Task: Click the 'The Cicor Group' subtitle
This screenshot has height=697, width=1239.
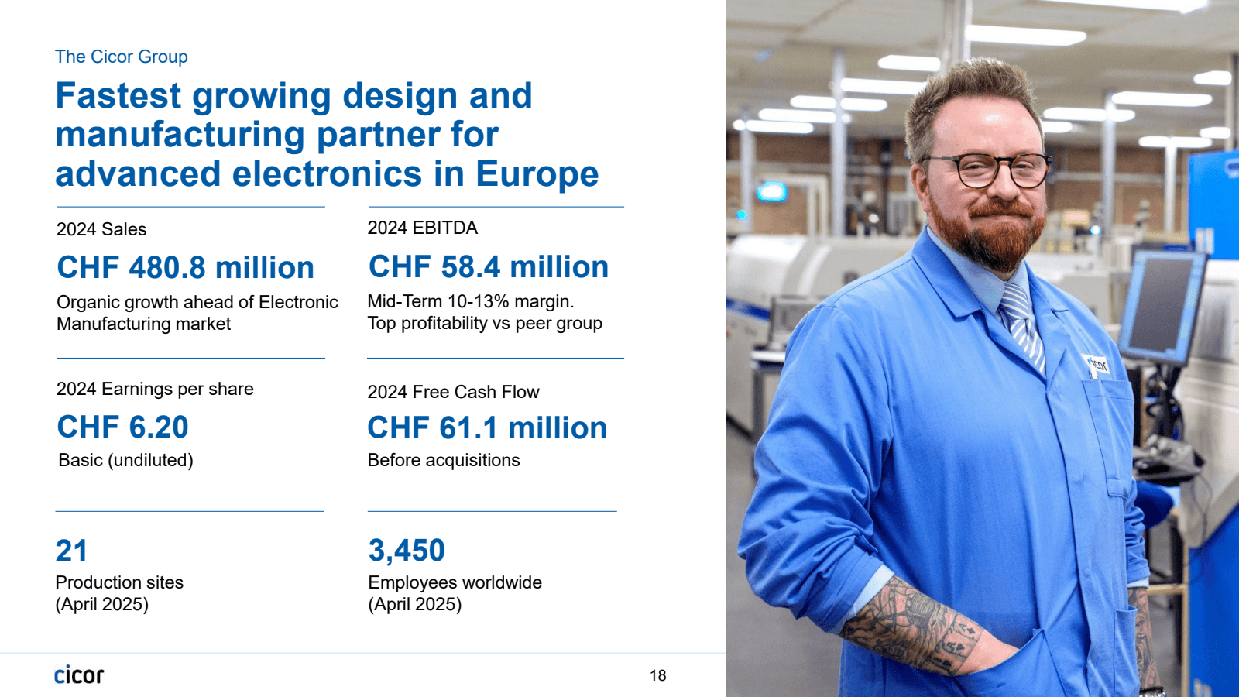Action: coord(122,57)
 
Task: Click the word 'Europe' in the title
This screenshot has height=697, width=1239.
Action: coord(537,174)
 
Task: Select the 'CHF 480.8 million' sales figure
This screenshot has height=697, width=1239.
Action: coord(185,268)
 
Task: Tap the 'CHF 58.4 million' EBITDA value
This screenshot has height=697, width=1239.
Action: coord(488,267)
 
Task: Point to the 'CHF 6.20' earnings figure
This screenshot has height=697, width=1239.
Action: coord(122,427)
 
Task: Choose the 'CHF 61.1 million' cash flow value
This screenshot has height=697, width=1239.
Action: coord(486,428)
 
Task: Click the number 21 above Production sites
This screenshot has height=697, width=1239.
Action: coord(71,551)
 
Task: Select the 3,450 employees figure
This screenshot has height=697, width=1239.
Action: coord(407,551)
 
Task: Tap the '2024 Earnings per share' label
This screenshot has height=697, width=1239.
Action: coord(155,389)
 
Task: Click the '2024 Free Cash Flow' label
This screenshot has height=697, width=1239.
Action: coord(453,392)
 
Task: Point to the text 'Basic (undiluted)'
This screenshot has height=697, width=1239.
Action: coord(125,460)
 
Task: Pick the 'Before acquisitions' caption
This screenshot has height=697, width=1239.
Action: coord(444,460)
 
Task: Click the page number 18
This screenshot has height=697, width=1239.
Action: coord(657,675)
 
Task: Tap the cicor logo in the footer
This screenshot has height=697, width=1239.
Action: coord(79,675)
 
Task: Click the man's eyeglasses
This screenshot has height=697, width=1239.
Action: coord(986,170)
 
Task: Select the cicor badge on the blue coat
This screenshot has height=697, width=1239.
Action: coord(1096,364)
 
